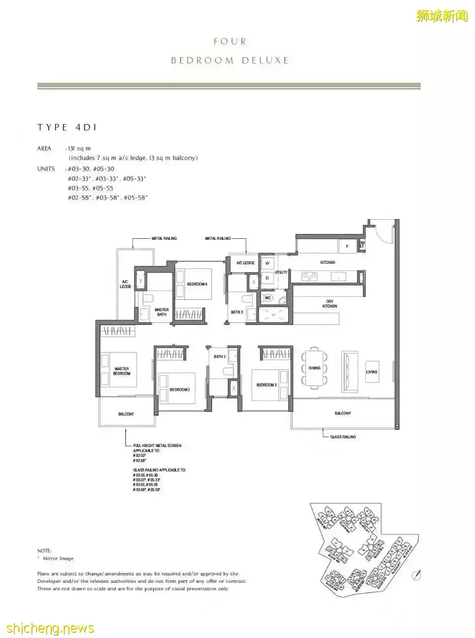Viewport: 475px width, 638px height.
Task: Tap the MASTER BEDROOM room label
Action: (121, 371)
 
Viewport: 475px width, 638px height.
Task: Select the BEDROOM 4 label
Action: (197, 284)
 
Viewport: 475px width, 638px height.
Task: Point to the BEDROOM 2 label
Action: (179, 389)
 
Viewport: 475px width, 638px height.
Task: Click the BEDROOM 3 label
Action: (267, 385)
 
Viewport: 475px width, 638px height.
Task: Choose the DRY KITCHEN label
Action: (329, 304)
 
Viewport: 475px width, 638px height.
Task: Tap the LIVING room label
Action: (372, 372)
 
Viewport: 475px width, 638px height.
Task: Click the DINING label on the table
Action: (314, 368)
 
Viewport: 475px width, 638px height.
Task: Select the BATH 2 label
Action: (219, 356)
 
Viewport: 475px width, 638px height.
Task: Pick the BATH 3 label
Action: (237, 312)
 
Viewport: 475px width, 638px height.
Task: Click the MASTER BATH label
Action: (161, 312)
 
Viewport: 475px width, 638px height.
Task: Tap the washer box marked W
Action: (267, 263)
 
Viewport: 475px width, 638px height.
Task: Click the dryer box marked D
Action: (267, 278)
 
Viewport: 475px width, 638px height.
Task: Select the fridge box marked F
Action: (347, 246)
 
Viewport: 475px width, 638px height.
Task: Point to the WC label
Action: (268, 298)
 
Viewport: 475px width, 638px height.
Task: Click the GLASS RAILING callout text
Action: (343, 437)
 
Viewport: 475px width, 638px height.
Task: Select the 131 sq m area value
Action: (79, 148)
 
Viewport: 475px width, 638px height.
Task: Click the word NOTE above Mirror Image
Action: (44, 551)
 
